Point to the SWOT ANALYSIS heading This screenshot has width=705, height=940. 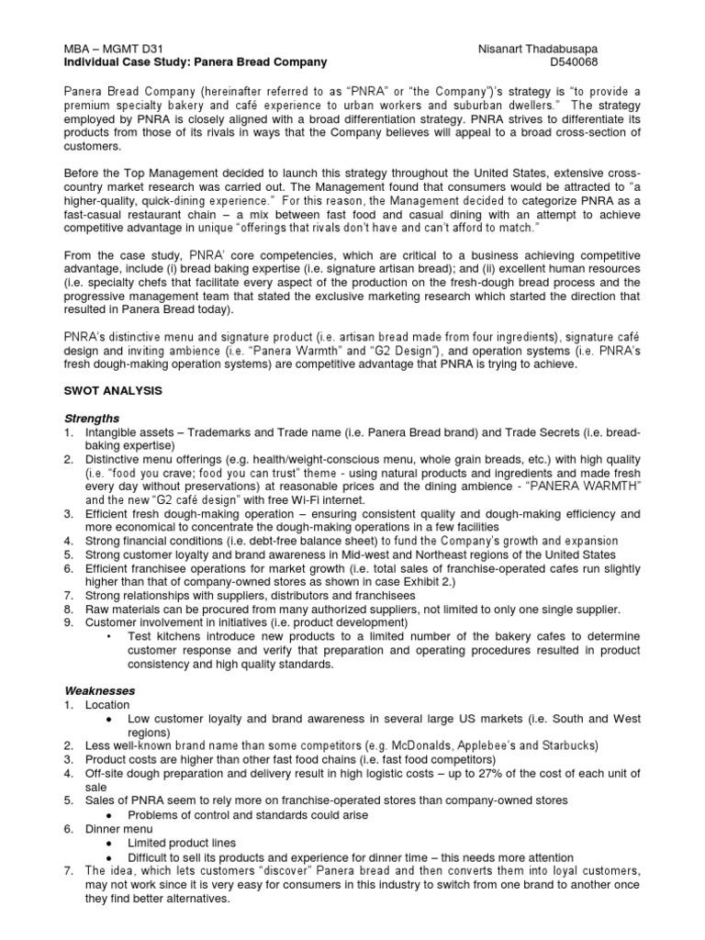click(113, 390)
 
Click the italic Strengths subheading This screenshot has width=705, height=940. click(91, 417)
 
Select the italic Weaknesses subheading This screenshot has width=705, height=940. click(99, 689)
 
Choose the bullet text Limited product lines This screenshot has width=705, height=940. click(182, 842)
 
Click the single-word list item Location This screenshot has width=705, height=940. click(110, 704)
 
